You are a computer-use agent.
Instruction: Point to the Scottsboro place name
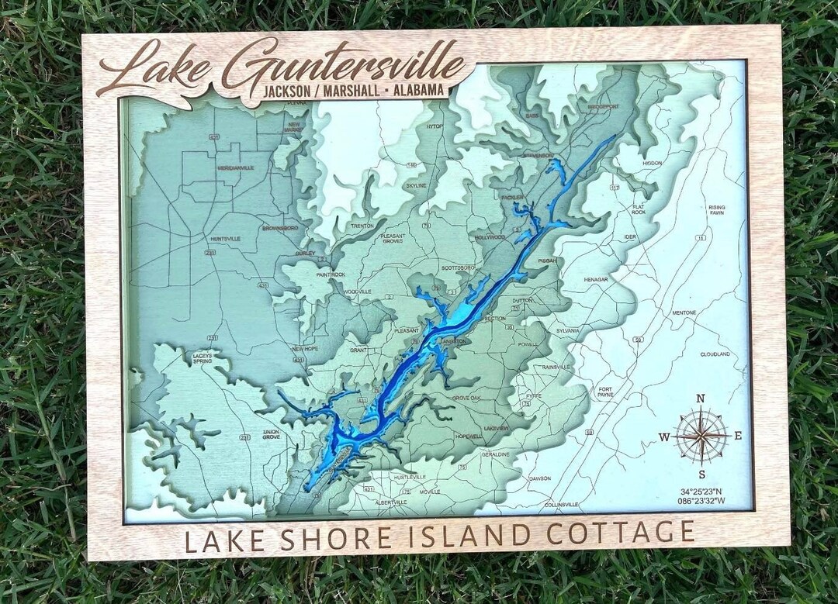[457, 267]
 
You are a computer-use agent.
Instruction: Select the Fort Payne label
[605, 392]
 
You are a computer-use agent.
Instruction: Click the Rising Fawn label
[716, 210]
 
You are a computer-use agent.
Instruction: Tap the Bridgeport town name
[604, 106]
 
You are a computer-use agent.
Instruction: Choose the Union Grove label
[271, 434]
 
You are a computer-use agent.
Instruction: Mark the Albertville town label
[391, 502]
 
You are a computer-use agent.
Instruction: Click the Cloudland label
[715, 354]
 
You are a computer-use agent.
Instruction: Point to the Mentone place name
[684, 313]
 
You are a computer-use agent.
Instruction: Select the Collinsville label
[562, 505]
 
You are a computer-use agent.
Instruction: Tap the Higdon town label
[652, 164]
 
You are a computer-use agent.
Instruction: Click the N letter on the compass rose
[700, 399]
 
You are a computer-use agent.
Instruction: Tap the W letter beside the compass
[664, 437]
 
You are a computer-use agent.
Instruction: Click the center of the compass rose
[701, 436]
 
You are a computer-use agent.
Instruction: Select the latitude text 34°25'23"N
[701, 491]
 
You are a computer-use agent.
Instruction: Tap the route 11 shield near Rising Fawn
[701, 238]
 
